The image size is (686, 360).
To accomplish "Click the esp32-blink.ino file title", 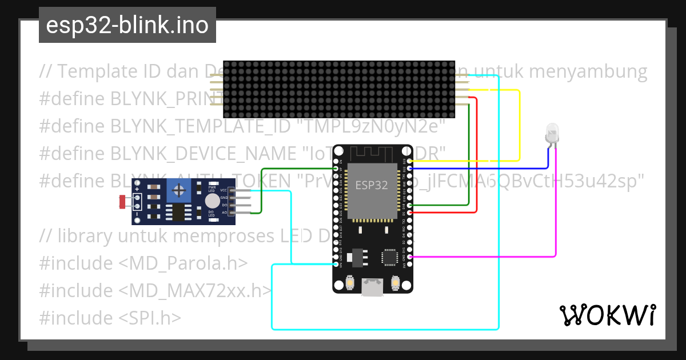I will click(127, 25).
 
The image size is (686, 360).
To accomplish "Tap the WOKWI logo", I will click(608, 315).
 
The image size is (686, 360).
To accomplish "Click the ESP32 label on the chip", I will click(372, 185).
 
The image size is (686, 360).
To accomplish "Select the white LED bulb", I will click(552, 133).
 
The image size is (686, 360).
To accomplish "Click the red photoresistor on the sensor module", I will click(122, 201).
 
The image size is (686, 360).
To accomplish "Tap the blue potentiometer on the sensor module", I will click(180, 190).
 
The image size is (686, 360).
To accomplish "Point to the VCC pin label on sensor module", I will click(224, 190).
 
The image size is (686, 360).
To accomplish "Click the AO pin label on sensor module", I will click(224, 212).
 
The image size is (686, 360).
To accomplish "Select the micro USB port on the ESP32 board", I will click(372, 288).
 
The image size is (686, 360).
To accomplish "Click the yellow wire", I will click(519, 126).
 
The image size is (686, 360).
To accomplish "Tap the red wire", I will click(476, 160).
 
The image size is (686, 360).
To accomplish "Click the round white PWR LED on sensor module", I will click(212, 200).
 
